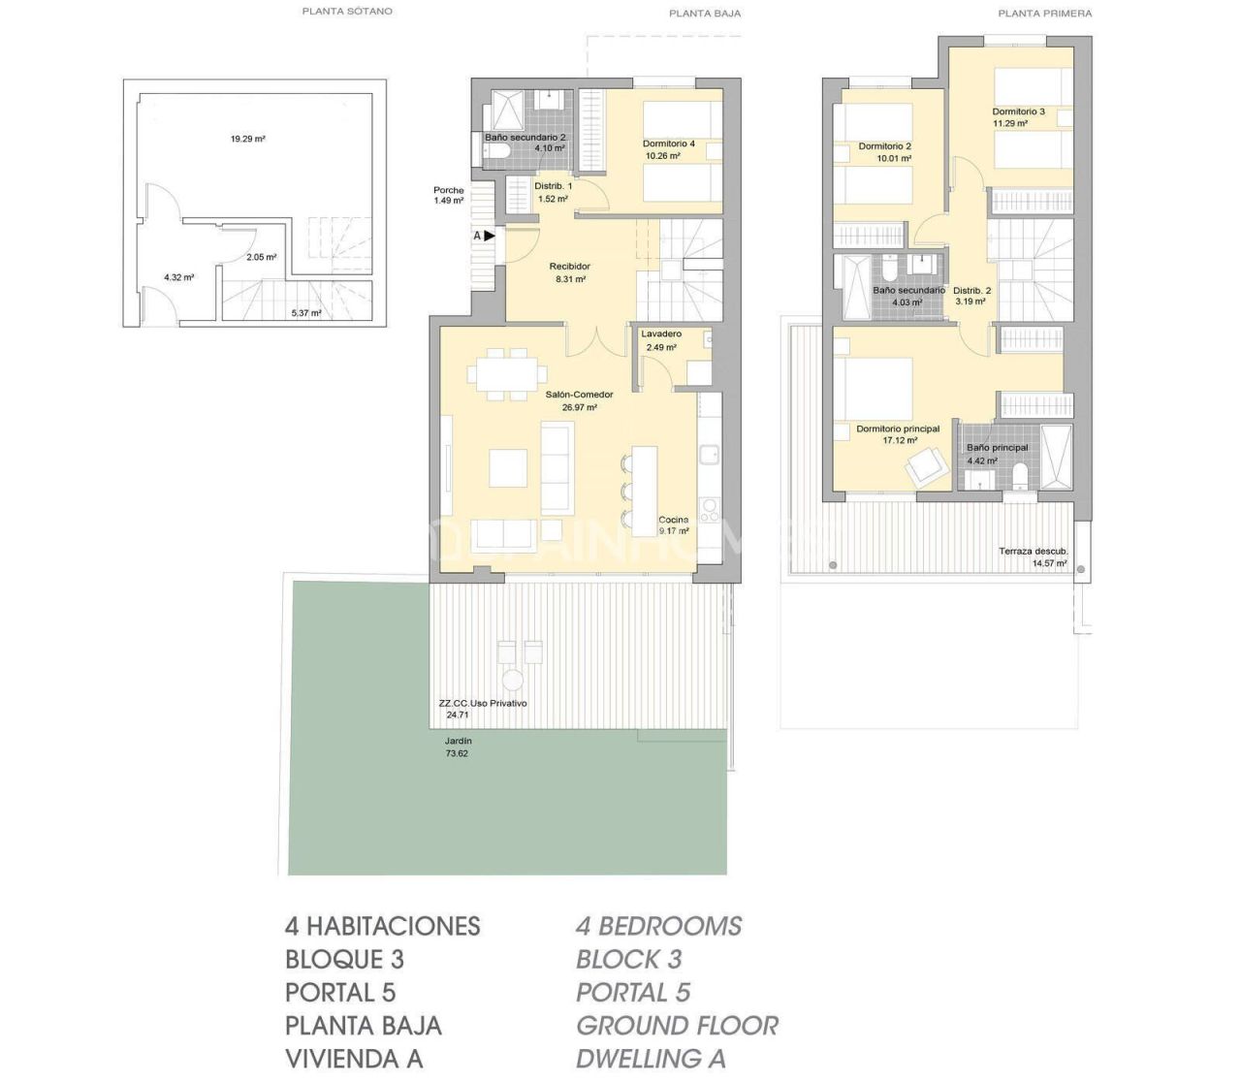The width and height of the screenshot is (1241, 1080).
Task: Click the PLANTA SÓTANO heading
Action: pyautogui.click(x=347, y=12)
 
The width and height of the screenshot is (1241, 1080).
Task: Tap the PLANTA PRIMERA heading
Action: pyautogui.click(x=1044, y=14)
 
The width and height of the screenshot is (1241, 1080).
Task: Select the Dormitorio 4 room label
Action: pyautogui.click(x=668, y=143)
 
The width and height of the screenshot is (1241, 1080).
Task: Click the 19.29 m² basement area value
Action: pyautogui.click(x=247, y=139)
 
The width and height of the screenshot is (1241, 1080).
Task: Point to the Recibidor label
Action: pyautogui.click(x=569, y=266)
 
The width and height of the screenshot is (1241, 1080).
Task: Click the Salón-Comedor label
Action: pyautogui.click(x=579, y=395)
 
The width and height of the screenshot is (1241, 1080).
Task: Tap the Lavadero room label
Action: pyautogui.click(x=661, y=334)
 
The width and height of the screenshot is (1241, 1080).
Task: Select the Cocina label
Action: pyautogui.click(x=673, y=520)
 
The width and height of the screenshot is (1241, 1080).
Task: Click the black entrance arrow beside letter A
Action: pyautogui.click(x=490, y=236)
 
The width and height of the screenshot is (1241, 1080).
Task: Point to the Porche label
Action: pyautogui.click(x=448, y=190)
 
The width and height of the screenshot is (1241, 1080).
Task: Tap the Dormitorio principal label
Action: pyautogui.click(x=897, y=429)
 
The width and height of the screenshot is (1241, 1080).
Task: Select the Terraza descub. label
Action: pyautogui.click(x=1033, y=551)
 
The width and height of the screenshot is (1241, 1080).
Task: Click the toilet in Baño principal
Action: pyautogui.click(x=1019, y=476)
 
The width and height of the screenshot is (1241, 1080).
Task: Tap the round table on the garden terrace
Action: pyautogui.click(x=513, y=679)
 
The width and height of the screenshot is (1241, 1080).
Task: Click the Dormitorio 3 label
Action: pyautogui.click(x=1018, y=111)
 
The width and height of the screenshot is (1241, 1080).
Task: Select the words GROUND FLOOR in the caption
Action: pyautogui.click(x=677, y=1026)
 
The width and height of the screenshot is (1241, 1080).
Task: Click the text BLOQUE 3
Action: pyautogui.click(x=344, y=960)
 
